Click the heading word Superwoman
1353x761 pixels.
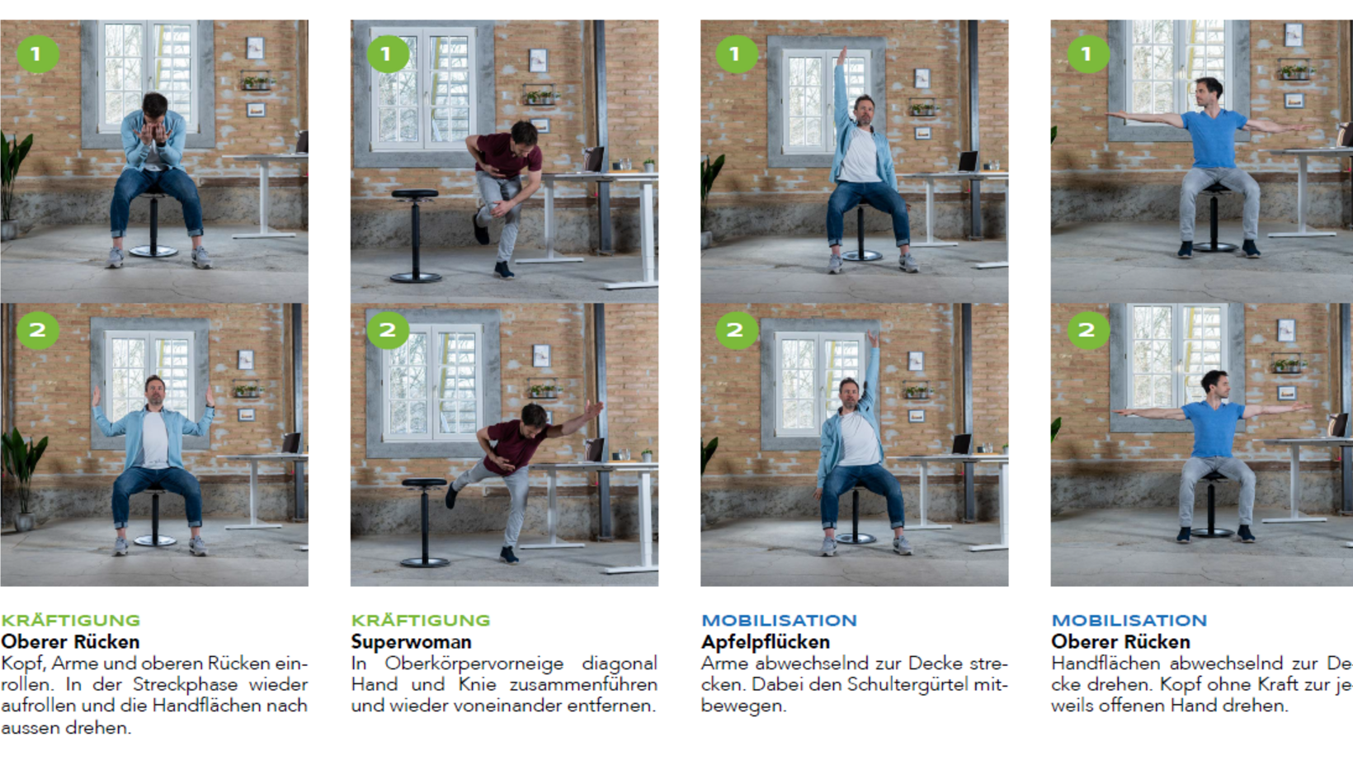(412, 641)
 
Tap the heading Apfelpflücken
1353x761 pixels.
(766, 642)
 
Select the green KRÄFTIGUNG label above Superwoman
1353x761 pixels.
(421, 620)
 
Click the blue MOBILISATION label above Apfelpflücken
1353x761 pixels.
(779, 620)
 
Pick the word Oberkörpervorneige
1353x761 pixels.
(474, 663)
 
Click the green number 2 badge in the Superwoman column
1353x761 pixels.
(388, 330)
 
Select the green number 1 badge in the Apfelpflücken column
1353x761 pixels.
(736, 54)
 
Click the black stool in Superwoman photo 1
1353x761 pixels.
(415, 236)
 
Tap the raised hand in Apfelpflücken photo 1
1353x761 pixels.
(841, 56)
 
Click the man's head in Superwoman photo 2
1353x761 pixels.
(534, 416)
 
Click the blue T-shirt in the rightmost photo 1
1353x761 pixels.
(1214, 139)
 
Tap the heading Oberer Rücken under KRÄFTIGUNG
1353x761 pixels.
(70, 641)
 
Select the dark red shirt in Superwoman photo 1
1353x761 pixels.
(508, 155)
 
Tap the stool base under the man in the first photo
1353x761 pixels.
(153, 251)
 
